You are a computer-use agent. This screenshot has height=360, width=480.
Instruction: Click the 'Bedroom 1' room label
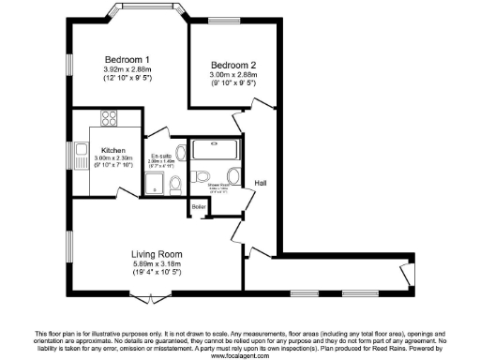(128, 59)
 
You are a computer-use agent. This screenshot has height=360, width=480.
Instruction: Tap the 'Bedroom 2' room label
(233, 65)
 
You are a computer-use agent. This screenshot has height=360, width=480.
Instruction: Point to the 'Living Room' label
(156, 255)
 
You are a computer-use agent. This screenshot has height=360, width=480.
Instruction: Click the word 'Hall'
(262, 182)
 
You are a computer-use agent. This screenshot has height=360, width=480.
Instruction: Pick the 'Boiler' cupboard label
(199, 206)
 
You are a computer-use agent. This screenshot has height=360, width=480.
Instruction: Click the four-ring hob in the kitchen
(109, 119)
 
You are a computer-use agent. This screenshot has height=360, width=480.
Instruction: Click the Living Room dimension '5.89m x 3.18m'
(156, 265)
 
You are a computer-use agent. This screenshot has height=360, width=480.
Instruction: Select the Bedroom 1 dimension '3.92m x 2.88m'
(128, 69)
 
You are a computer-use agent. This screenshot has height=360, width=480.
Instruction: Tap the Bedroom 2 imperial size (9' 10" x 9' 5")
(233, 84)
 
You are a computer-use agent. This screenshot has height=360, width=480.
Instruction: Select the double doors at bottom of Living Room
(151, 297)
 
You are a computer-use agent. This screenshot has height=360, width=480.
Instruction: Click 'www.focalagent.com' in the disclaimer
(240, 355)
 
